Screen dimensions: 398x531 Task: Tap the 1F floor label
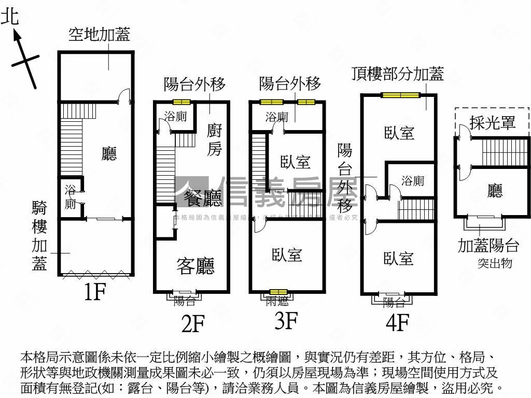95,293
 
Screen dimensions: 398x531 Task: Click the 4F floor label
398,323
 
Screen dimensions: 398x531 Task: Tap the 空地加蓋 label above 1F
99,35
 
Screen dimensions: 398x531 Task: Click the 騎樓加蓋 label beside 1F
40,236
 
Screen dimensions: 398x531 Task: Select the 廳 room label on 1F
109,153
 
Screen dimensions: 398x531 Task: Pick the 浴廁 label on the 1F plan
71,197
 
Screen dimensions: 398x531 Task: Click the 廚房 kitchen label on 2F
215,139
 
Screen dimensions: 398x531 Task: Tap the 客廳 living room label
195,266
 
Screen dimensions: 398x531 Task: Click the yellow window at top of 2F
181,102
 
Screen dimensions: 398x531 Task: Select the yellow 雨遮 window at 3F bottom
278,293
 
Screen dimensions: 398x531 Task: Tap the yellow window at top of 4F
400,95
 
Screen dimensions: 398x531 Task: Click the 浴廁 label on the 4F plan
413,181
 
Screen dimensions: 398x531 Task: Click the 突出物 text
495,263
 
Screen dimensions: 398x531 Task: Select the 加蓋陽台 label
488,245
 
